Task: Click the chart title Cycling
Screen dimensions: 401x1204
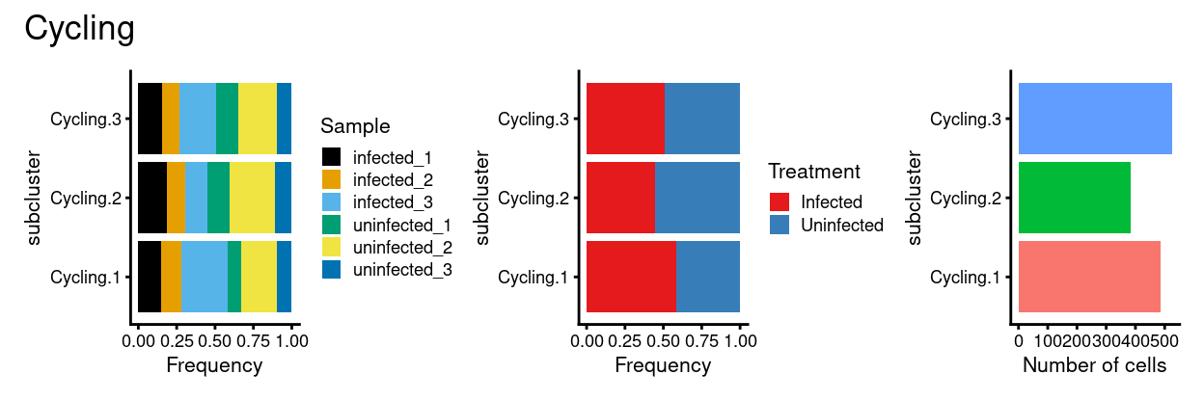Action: pos(79,29)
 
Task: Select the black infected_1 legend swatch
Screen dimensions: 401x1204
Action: pos(332,156)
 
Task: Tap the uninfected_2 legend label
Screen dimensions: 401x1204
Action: pos(402,247)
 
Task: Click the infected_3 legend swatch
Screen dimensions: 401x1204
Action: pos(332,201)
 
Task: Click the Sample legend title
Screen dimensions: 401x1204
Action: pos(355,126)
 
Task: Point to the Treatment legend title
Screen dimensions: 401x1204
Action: pos(813,172)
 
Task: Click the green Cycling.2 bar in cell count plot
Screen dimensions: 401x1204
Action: pos(1074,198)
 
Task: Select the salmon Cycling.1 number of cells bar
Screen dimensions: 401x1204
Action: pos(1089,277)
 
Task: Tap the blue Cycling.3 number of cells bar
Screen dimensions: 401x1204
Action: pos(1095,119)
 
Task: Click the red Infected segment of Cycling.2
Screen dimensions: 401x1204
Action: pos(620,198)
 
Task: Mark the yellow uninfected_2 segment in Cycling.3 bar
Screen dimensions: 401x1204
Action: pos(258,119)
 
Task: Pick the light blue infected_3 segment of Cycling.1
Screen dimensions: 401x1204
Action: pos(204,277)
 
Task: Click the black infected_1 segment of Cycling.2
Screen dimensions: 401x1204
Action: pos(152,198)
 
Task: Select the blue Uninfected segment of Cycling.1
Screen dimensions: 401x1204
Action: pos(708,277)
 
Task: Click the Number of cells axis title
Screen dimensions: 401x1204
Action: pos(1094,366)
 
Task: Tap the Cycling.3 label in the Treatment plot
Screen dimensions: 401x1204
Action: pos(534,120)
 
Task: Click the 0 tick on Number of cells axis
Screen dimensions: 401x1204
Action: pos(1018,340)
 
